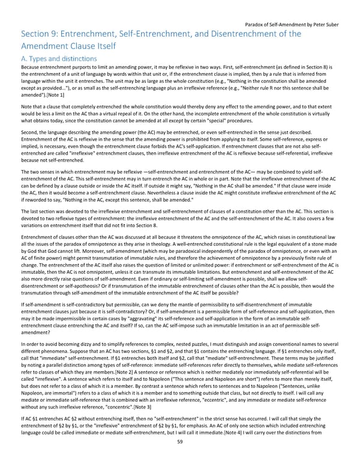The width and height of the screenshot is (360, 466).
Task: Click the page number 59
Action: pyautogui.click(x=180, y=458)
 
